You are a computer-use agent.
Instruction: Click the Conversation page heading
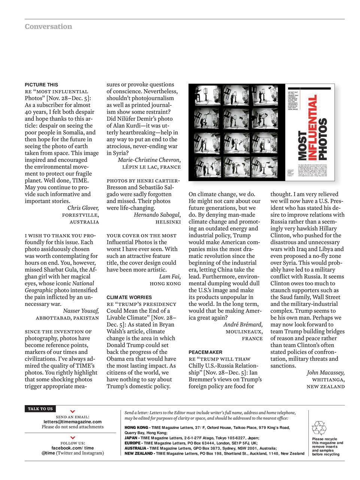48,27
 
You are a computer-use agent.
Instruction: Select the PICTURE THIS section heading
41,85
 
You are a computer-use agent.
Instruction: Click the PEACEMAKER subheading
205,352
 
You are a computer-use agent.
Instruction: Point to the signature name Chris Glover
83,208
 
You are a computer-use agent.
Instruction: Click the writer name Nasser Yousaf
81,311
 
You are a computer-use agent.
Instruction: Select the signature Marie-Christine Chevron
149,160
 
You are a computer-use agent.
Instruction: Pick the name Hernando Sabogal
157,215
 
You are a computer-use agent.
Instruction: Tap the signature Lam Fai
170,277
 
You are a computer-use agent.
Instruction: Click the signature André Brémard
243,325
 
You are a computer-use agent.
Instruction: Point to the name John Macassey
326,373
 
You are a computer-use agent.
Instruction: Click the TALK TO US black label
40,409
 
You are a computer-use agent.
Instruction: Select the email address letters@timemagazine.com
72,422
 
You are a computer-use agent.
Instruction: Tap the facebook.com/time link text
72,448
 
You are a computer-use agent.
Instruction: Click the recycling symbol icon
319,428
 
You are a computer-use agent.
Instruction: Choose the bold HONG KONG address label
136,428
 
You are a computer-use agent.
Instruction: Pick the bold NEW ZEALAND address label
139,453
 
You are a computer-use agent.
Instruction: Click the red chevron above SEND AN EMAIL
73,412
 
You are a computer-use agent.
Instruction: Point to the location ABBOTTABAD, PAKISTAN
67,318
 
